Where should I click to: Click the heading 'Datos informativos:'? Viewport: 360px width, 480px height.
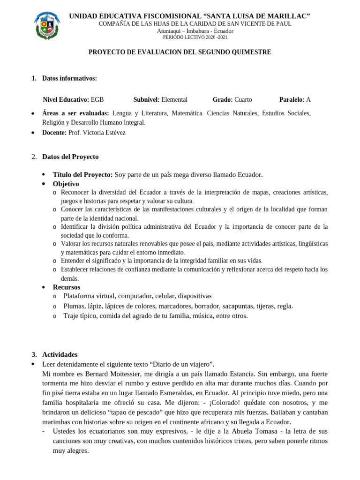[69, 78]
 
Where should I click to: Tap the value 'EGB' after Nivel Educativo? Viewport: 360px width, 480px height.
[97, 99]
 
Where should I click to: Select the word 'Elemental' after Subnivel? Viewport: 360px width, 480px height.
[174, 99]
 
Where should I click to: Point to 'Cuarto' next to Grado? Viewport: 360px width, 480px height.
[243, 99]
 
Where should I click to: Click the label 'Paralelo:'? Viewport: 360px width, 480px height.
[292, 99]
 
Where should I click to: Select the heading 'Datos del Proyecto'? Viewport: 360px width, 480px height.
[70, 157]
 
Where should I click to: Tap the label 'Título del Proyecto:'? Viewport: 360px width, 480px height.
[82, 175]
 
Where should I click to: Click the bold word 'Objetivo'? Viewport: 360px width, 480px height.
[66, 184]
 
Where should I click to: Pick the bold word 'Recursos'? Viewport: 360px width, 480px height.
[66, 287]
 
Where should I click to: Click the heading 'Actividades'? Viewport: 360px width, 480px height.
[60, 354]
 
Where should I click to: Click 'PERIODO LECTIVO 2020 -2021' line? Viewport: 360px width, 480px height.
[195, 37]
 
